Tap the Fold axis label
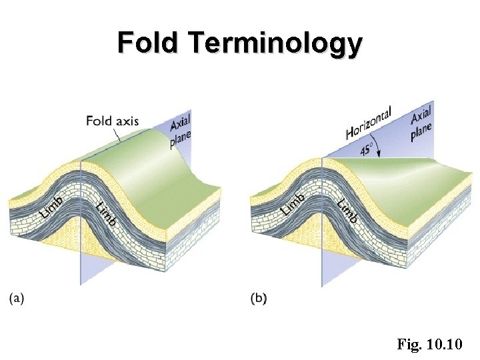pyautogui.click(x=112, y=121)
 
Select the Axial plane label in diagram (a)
pyautogui.click(x=180, y=129)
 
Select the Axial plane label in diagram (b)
pyautogui.click(x=421, y=123)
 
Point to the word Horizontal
pyautogui.click(x=369, y=123)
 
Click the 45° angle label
pyautogui.click(x=367, y=149)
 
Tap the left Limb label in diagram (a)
pyautogui.click(x=52, y=206)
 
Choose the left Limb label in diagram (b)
pyautogui.click(x=294, y=203)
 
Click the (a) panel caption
pyautogui.click(x=17, y=299)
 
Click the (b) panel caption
pyautogui.click(x=259, y=299)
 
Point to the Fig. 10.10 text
pyautogui.click(x=434, y=345)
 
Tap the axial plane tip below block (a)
pyautogui.click(x=82, y=280)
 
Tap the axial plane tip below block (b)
pyautogui.click(x=323, y=283)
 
